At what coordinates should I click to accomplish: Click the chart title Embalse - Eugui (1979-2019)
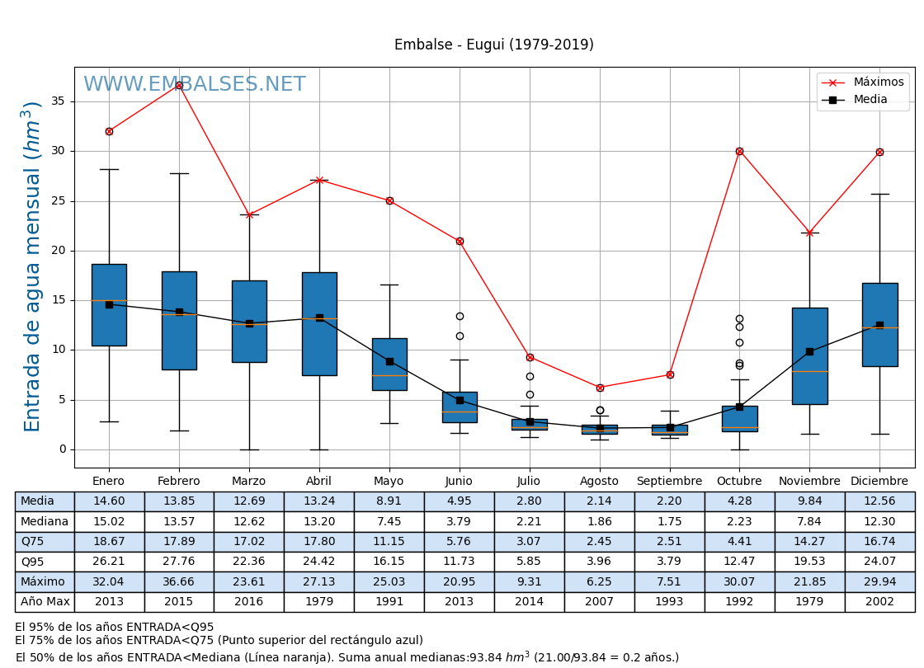pos(493,45)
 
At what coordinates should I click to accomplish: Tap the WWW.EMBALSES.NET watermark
pos(194,85)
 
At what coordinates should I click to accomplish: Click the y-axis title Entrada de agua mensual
pos(32,266)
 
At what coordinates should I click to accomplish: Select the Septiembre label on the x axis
pos(669,482)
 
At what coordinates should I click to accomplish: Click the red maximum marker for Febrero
pos(179,85)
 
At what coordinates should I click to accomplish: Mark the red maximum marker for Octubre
pos(739,151)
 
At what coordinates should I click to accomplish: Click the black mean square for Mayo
pos(389,361)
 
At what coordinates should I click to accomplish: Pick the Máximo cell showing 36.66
pos(178,582)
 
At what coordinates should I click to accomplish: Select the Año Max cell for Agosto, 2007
pos(599,602)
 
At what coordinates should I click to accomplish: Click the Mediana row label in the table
pos(45,522)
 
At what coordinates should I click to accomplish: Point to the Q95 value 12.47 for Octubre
pos(739,562)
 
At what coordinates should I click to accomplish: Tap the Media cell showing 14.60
pos(109,501)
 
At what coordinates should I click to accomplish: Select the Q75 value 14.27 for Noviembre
pos(809,542)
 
